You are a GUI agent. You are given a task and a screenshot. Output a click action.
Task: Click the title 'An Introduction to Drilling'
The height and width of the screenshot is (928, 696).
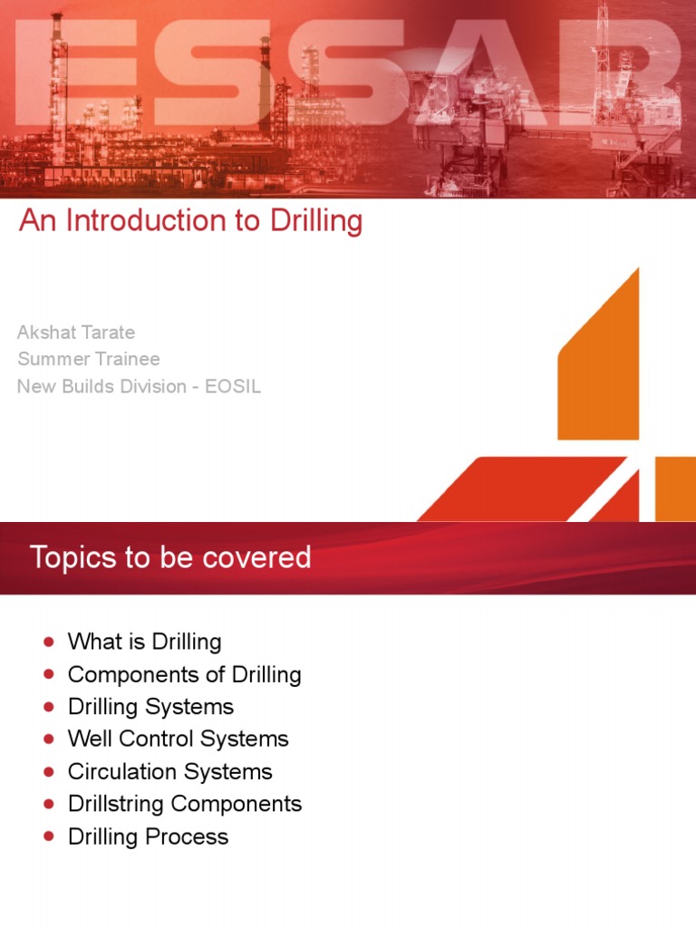pos(190,221)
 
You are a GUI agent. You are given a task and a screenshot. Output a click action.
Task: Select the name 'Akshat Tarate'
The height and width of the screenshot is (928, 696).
pos(76,332)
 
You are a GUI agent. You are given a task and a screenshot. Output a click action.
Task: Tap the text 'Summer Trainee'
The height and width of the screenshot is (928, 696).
pos(89,359)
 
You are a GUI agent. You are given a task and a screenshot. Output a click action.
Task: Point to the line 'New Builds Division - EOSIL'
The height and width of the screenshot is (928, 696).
pos(139,386)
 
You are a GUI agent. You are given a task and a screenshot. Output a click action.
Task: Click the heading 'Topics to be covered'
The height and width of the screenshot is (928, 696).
pos(170,557)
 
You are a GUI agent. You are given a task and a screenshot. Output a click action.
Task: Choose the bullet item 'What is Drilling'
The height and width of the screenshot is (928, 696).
pos(144,642)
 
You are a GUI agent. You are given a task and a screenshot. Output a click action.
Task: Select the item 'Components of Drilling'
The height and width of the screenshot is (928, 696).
pos(184,674)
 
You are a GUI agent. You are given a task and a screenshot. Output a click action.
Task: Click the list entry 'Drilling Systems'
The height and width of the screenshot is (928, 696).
pos(150,707)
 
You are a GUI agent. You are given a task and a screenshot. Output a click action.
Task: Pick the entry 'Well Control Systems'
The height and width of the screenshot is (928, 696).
pos(178,739)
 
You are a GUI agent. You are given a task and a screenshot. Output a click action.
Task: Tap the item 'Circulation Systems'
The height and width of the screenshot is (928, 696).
pos(169,771)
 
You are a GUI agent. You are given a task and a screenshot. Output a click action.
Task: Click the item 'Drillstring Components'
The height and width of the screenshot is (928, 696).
pos(185,804)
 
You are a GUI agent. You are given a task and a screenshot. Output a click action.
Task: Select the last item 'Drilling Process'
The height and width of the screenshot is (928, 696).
pos(148,836)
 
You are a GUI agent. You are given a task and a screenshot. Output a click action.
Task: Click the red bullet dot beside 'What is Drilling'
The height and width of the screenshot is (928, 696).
pos(48,643)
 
